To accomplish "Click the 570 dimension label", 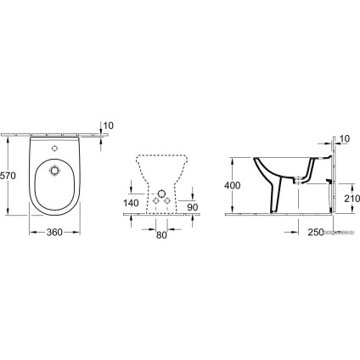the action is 8,176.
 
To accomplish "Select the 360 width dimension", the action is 54,233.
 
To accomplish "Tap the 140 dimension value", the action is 131,203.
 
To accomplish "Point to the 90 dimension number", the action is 193,207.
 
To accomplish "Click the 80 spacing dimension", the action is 161,235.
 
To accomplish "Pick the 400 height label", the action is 232,185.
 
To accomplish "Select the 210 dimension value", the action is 352,199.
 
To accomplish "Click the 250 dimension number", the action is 316,233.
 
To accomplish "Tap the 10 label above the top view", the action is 109,126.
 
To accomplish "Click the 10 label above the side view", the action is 345,138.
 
